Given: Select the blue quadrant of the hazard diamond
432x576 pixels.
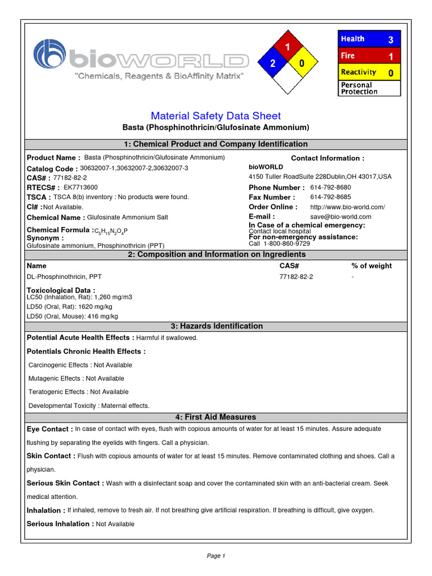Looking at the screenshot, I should [x=272, y=64].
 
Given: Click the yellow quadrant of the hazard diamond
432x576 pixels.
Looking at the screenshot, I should [x=301, y=64].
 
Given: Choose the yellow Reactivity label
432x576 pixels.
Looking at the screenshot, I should [x=358, y=72].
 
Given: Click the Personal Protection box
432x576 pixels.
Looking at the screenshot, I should [x=369, y=88].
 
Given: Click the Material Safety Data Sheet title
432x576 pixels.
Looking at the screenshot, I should [x=216, y=116].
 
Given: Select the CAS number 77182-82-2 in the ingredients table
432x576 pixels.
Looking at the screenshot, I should [x=296, y=277].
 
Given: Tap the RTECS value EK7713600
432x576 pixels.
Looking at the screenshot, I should [x=80, y=187].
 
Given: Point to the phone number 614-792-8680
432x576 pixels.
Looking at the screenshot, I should [x=331, y=187].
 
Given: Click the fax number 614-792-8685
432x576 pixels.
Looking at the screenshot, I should [x=331, y=197].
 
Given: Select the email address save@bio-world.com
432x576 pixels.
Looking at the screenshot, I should [x=341, y=217].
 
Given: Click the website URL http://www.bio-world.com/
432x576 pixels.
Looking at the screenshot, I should [x=348, y=207].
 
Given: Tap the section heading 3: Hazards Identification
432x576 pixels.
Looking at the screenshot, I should [x=216, y=326].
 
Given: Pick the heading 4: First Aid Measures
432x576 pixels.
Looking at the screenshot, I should [x=216, y=417].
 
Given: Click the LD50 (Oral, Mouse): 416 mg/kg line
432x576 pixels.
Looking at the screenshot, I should [x=73, y=317].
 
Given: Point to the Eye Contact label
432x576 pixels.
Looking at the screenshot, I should [x=49, y=429].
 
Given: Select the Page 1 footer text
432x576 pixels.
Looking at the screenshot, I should [x=216, y=556].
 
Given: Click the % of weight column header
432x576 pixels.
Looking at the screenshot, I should [x=371, y=265].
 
